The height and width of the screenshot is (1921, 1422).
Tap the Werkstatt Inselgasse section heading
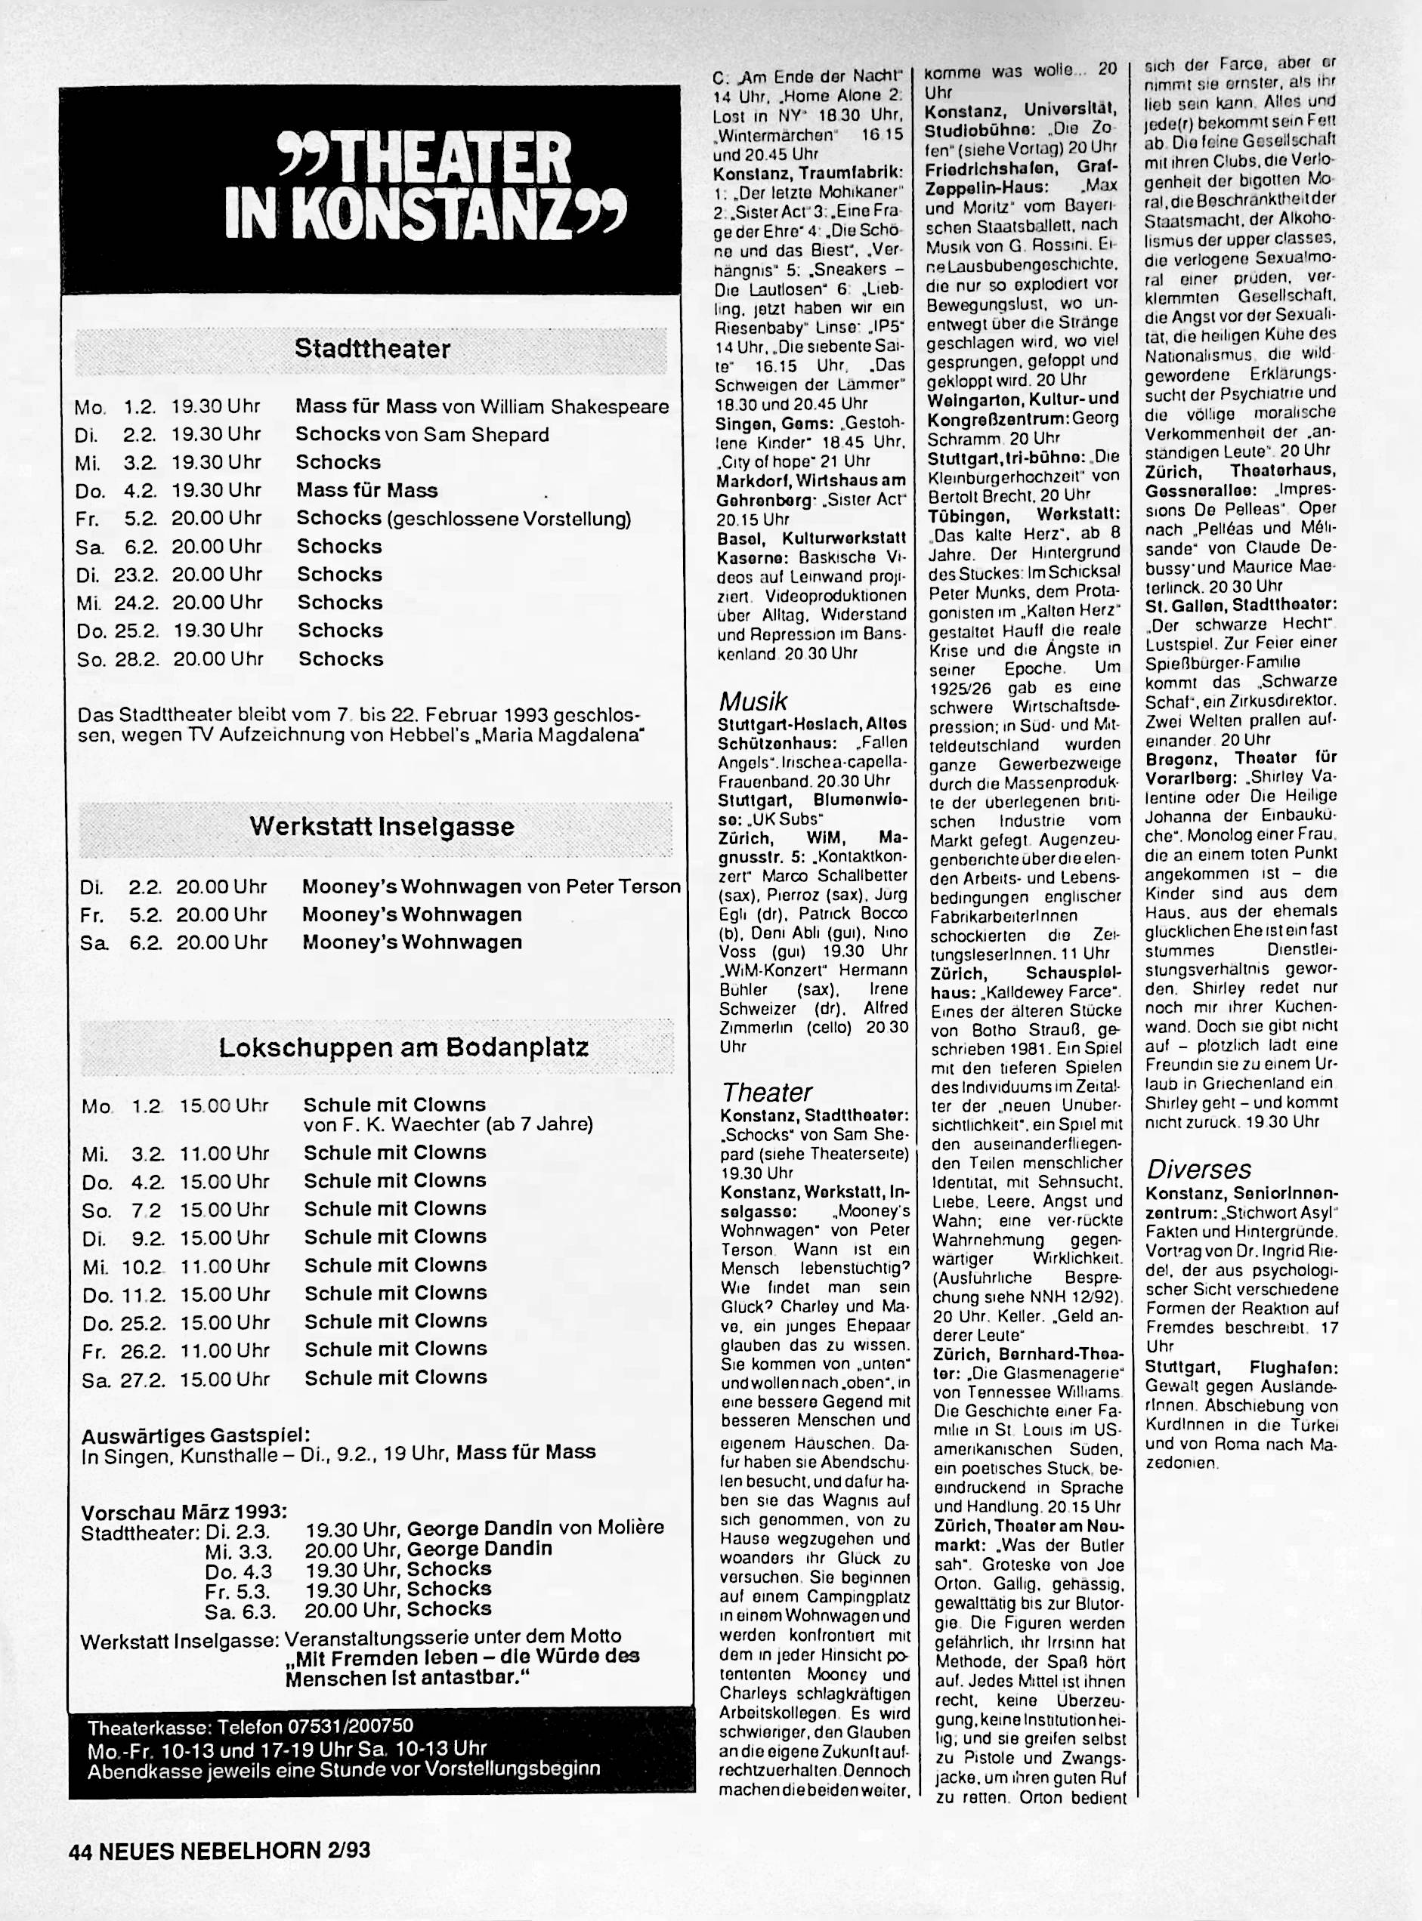[x=382, y=827]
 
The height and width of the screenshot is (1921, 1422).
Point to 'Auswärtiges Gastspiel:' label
[x=196, y=1435]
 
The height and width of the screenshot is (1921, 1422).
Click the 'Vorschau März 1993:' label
[x=184, y=1512]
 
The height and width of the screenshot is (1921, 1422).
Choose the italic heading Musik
[x=753, y=701]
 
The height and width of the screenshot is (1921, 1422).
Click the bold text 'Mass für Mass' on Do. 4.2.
[x=366, y=490]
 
